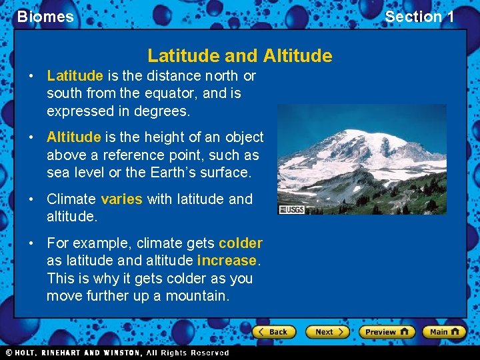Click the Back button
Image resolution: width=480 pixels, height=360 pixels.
(x=274, y=331)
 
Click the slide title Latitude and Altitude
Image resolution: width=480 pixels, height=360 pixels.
(x=239, y=55)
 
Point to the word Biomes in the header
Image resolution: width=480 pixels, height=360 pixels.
(x=45, y=17)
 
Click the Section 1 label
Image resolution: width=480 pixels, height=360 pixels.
(x=419, y=17)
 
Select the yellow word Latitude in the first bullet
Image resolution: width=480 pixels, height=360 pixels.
(x=75, y=76)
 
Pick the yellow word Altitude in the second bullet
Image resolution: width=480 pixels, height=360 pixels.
(x=73, y=137)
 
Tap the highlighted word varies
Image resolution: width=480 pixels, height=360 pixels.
(x=121, y=199)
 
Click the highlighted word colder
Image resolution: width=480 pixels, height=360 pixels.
(x=240, y=243)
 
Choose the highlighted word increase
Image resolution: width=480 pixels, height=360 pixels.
(x=227, y=261)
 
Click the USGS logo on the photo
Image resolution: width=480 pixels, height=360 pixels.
(x=291, y=209)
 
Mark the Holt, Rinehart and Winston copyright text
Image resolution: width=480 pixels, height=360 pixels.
(x=117, y=353)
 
